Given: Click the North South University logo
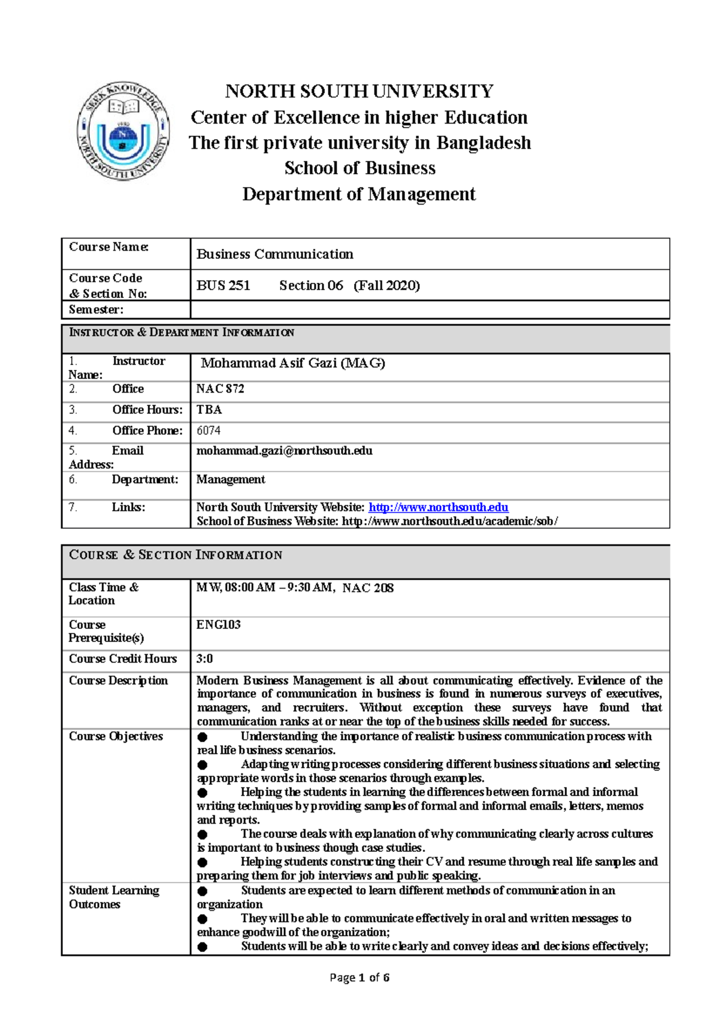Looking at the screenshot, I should click(123, 131).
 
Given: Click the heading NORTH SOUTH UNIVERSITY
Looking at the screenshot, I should click(359, 92).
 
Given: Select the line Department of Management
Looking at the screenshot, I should click(359, 194).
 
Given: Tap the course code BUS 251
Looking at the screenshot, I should click(223, 285).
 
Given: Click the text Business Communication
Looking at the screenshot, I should click(274, 254).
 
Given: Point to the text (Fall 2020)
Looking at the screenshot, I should click(386, 285).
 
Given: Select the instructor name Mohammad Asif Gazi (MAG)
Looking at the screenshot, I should click(292, 363).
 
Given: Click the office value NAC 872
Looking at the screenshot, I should click(220, 389).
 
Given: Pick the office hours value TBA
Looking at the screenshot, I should click(209, 409).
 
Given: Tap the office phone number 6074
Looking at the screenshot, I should click(209, 430).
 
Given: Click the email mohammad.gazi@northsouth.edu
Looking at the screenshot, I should click(284, 451).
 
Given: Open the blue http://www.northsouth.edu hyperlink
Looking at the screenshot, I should click(438, 507).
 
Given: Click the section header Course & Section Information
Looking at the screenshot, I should click(176, 555).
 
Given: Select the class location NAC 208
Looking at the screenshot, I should click(368, 588).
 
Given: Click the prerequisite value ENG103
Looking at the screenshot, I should click(218, 625).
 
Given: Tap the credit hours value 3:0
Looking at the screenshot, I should click(204, 659).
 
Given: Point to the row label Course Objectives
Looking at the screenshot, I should click(116, 736).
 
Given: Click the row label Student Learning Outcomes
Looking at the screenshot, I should click(114, 897).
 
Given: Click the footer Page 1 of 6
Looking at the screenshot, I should click(359, 978).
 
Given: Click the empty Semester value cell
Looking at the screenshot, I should click(429, 310).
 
